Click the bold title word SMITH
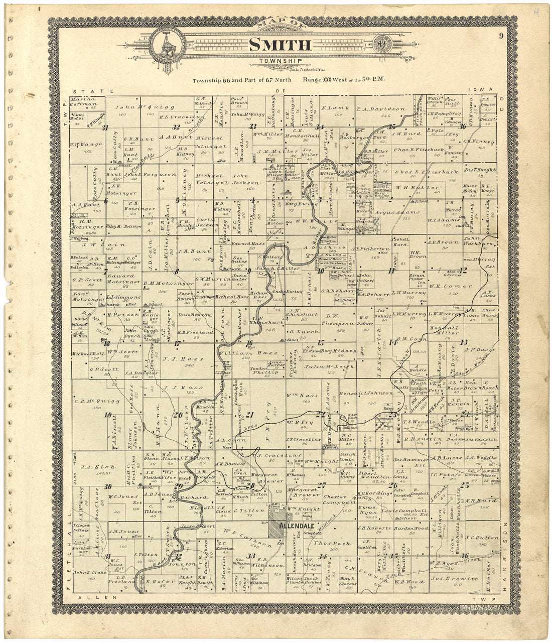coord(280,45)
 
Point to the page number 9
coord(501,35)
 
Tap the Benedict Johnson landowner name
coord(366,393)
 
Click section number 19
coord(107,415)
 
